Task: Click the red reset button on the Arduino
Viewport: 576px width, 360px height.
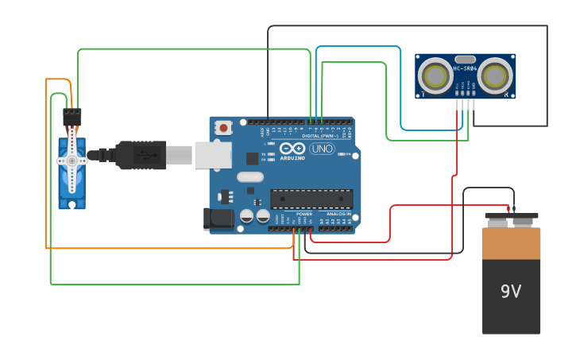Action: (x=224, y=127)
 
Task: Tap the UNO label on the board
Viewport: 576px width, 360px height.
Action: (x=322, y=149)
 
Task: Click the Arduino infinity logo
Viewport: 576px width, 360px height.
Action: (x=292, y=148)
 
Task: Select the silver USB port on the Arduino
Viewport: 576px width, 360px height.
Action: (x=212, y=155)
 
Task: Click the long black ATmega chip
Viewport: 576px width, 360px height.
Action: (x=311, y=199)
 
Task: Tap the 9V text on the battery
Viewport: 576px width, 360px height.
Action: (x=511, y=292)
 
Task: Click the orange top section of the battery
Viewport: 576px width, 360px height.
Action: (x=511, y=243)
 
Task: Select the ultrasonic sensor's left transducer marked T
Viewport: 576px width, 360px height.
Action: (x=435, y=76)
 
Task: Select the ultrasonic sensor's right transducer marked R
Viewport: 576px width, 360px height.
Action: (x=495, y=76)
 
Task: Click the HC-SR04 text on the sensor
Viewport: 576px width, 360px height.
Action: (x=465, y=68)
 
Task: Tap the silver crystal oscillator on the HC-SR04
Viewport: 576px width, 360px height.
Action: (x=465, y=59)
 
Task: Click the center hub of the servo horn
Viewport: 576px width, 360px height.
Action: (x=72, y=161)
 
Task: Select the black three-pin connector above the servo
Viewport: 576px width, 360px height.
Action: (x=72, y=117)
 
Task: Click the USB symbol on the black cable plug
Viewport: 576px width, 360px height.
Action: (x=141, y=155)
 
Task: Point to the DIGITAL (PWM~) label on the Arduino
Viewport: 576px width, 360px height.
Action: (x=322, y=136)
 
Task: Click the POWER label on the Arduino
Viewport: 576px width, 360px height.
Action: (x=304, y=214)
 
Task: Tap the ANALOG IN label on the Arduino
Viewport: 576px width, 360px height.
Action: (x=338, y=214)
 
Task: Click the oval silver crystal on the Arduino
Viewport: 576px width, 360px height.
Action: (x=249, y=177)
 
